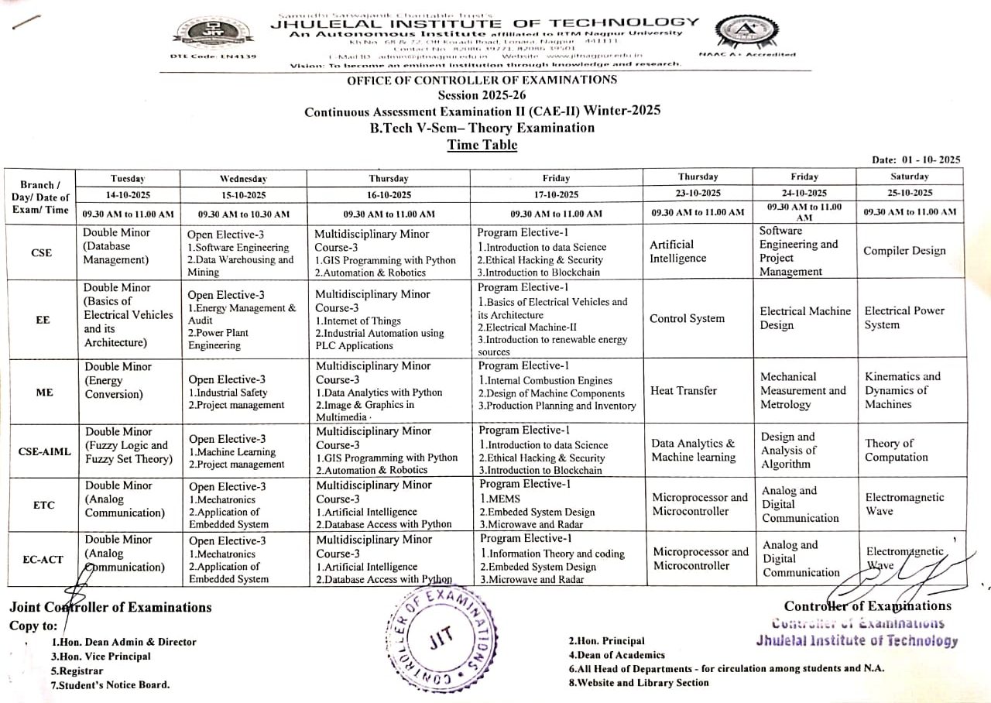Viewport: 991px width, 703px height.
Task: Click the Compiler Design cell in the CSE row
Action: click(904, 251)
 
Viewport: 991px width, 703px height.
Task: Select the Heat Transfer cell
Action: click(684, 391)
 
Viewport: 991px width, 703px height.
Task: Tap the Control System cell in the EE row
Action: click(688, 319)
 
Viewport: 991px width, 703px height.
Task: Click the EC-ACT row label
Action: click(43, 560)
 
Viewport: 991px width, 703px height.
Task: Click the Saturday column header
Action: click(909, 177)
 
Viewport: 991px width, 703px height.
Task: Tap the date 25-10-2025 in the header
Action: click(909, 194)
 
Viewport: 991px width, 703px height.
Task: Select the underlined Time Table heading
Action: click(482, 145)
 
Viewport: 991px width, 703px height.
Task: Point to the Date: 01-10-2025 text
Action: click(915, 160)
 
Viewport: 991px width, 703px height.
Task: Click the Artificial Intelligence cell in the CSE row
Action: click(677, 251)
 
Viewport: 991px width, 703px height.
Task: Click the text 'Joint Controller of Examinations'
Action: click(111, 608)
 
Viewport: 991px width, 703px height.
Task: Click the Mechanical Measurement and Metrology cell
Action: click(803, 391)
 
